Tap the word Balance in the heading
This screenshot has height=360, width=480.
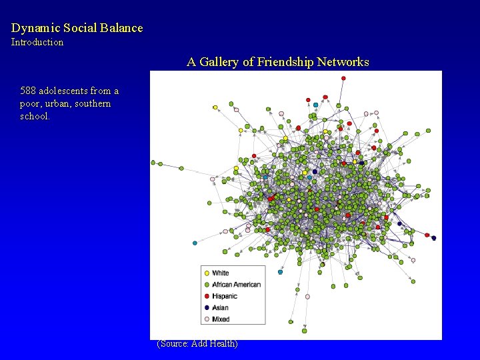(121, 28)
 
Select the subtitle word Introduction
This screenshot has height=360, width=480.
(37, 42)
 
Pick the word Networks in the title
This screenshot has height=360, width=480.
(344, 62)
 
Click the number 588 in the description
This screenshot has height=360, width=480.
(29, 91)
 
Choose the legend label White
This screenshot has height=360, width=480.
(220, 273)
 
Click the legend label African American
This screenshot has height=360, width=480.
(236, 284)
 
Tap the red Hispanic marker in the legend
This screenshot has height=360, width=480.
(207, 296)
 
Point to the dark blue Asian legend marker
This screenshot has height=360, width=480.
(207, 307)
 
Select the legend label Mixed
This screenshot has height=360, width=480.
(221, 319)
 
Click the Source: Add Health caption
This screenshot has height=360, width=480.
(197, 344)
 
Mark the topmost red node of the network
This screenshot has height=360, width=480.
(344, 78)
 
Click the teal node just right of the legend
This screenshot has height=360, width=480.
(280, 272)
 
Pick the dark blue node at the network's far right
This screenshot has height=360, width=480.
(434, 238)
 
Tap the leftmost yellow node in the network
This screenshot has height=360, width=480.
(215, 107)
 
